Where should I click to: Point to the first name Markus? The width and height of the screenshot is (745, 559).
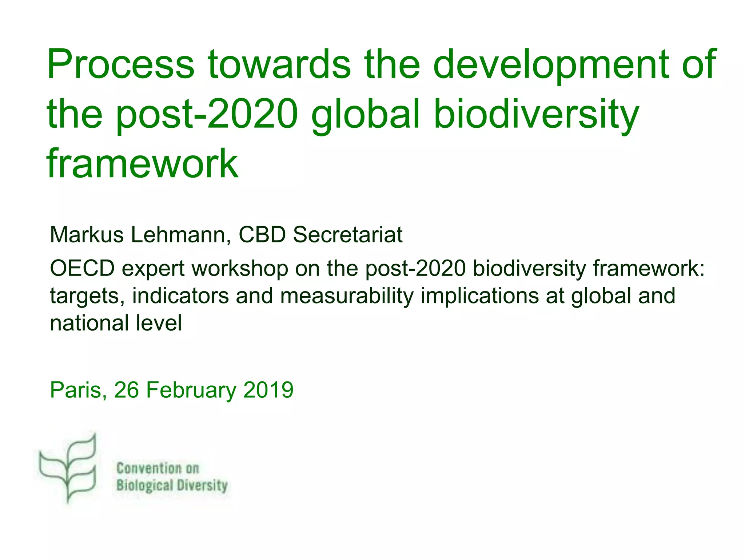point(87,235)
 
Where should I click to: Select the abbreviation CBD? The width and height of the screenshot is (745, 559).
point(262,235)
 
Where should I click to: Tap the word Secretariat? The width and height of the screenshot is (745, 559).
point(347,235)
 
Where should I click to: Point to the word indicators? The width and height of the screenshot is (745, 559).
point(180,296)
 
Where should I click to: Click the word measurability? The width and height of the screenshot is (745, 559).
point(347,296)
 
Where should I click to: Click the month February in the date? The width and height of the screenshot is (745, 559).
point(191,390)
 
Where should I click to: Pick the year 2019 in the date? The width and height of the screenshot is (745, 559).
point(268,390)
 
